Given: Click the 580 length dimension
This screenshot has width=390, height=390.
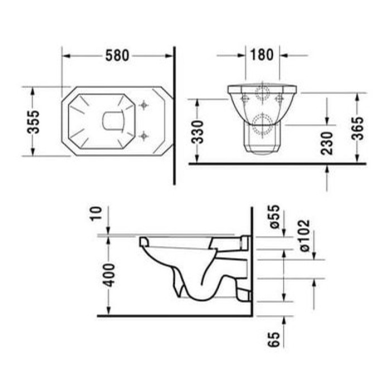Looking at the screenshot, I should [117, 55].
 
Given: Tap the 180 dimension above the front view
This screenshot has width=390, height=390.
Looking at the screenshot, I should [262, 55].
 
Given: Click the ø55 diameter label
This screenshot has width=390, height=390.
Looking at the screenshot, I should [274, 216].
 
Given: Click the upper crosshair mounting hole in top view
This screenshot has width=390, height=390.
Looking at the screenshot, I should [144, 105].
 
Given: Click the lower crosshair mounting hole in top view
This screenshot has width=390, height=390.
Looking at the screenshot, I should [144, 134].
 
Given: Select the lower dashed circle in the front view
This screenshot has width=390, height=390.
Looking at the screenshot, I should [261, 123].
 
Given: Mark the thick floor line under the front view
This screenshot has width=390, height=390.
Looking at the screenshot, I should [279, 164].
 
